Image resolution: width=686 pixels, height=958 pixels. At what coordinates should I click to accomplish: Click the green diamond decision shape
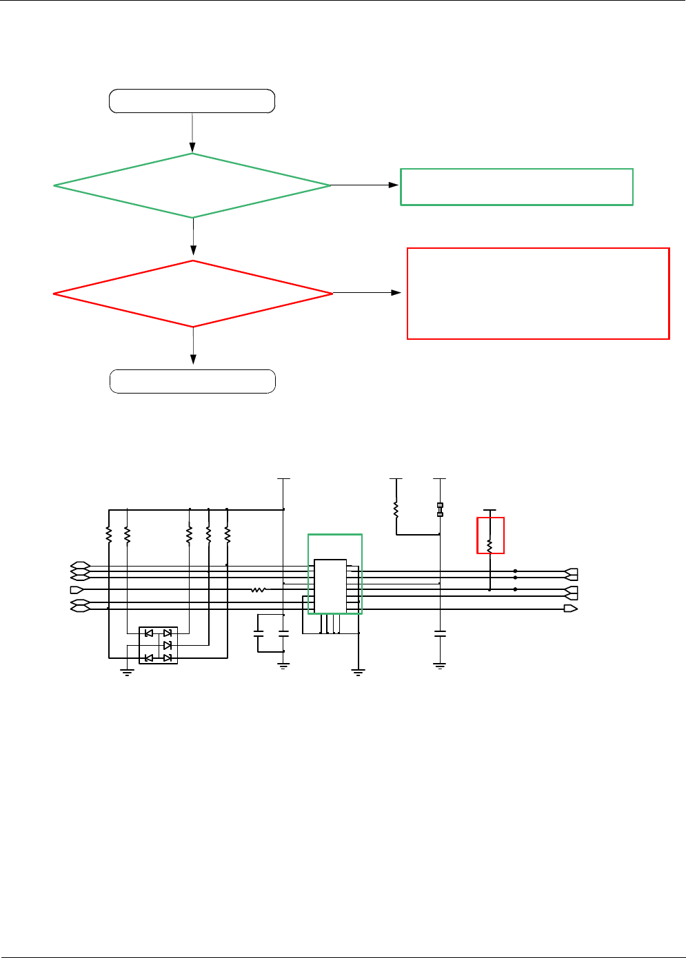(x=192, y=185)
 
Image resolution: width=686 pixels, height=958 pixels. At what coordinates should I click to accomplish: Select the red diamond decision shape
(x=193, y=294)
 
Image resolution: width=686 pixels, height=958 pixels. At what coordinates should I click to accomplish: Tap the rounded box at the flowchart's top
(x=192, y=101)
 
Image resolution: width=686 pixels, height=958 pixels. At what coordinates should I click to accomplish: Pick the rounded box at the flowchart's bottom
(x=192, y=381)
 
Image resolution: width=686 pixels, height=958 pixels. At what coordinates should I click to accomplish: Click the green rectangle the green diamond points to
(x=516, y=187)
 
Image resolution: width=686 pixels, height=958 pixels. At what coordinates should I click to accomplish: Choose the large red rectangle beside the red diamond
(x=538, y=294)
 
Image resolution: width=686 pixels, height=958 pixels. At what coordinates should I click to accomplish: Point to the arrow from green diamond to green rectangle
(x=365, y=185)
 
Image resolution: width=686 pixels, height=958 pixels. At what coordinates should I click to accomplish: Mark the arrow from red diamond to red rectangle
(x=367, y=293)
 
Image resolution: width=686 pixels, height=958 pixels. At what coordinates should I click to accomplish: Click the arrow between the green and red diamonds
(x=193, y=238)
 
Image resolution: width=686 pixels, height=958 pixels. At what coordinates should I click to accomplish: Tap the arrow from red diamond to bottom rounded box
(x=193, y=345)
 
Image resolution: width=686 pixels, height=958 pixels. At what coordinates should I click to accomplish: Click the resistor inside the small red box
(x=490, y=545)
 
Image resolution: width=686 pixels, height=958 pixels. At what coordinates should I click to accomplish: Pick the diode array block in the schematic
(x=159, y=645)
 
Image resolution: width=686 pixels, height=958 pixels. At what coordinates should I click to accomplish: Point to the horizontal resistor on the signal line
(x=258, y=590)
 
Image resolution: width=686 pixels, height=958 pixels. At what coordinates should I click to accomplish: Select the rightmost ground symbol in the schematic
(x=440, y=666)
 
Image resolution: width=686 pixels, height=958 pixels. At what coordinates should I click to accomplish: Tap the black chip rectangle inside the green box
(x=330, y=586)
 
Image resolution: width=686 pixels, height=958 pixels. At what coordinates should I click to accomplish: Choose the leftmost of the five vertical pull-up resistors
(x=109, y=534)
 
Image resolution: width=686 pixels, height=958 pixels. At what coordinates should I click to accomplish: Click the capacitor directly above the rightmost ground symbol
(x=440, y=633)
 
